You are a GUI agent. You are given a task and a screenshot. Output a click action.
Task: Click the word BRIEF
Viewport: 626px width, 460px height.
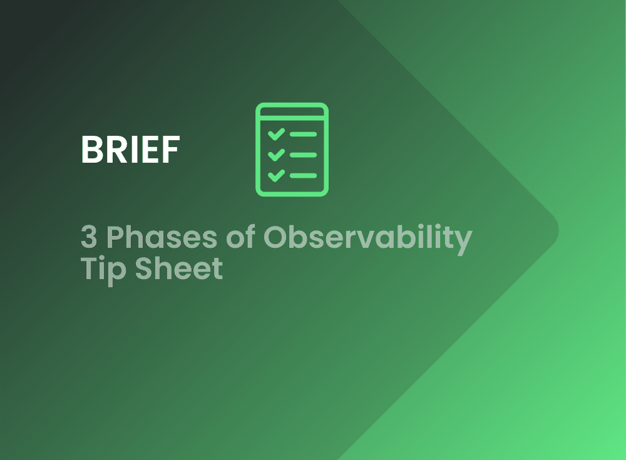(x=130, y=150)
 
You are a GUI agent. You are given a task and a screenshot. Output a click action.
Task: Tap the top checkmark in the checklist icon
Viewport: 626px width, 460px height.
(x=276, y=134)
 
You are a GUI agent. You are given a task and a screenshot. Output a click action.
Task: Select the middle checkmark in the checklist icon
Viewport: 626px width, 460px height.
(x=276, y=155)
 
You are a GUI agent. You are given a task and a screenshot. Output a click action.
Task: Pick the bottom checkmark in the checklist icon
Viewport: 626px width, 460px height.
(x=276, y=175)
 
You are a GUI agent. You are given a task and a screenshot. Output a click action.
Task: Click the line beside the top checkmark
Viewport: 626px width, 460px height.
(x=304, y=134)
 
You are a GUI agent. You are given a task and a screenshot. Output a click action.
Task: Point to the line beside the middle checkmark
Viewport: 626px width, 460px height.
(x=304, y=155)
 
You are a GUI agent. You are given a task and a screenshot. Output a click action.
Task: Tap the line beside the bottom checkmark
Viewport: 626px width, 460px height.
(x=304, y=176)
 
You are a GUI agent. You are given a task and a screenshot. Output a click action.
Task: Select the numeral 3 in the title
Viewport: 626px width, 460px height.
(x=89, y=237)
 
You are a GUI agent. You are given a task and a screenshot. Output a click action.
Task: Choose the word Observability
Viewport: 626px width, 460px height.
(x=367, y=238)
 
